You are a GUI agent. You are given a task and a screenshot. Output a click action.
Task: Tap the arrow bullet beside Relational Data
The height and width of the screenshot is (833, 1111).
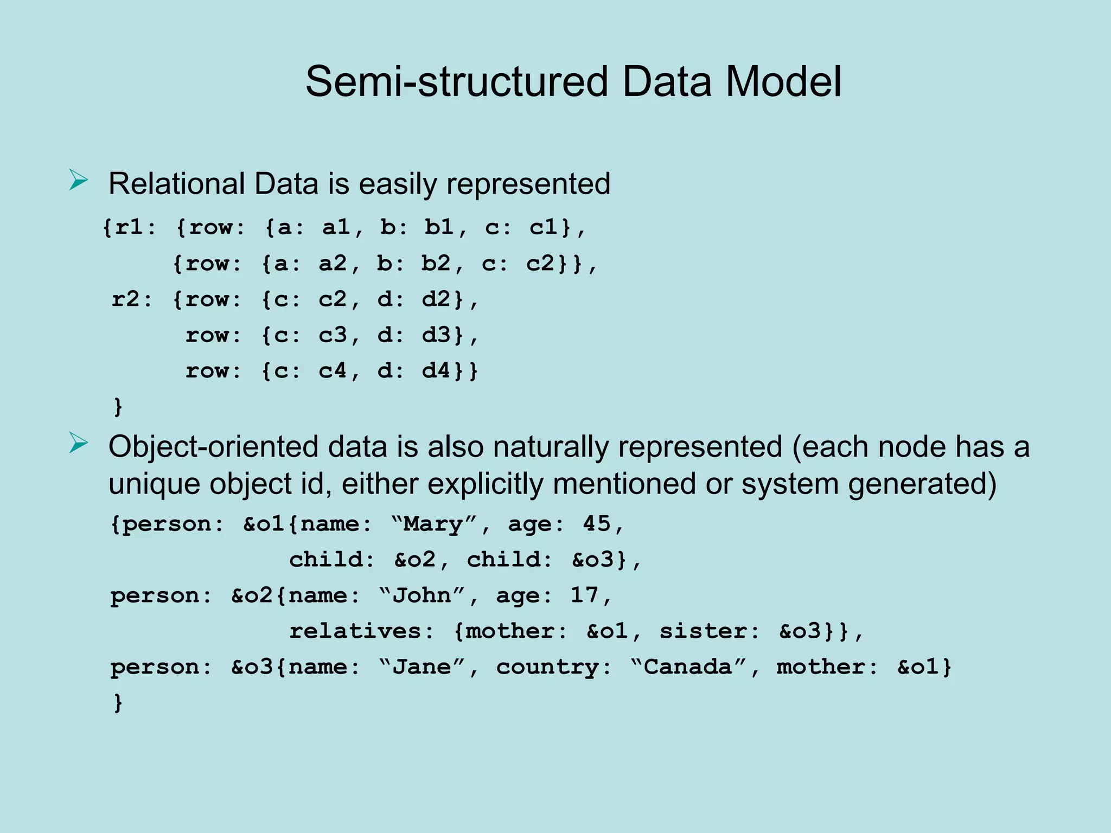tap(78, 181)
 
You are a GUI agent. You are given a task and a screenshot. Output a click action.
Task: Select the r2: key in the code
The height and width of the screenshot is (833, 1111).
tap(132, 299)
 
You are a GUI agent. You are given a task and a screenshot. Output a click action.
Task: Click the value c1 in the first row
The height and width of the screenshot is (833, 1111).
tap(543, 227)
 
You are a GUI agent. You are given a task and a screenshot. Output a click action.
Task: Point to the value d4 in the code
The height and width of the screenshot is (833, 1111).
tap(436, 371)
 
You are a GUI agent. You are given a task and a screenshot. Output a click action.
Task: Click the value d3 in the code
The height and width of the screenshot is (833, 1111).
tap(436, 335)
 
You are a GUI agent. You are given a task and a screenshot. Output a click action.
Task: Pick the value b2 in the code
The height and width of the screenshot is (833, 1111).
tap(435, 264)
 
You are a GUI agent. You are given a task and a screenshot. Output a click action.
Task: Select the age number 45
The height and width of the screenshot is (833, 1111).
tap(597, 524)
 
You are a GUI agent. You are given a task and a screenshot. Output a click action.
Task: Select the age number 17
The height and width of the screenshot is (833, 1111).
tap(584, 595)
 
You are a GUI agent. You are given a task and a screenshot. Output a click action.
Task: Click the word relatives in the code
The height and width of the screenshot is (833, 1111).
tap(356, 631)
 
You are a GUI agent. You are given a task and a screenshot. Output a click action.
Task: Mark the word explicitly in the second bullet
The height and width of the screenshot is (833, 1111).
tap(485, 484)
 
